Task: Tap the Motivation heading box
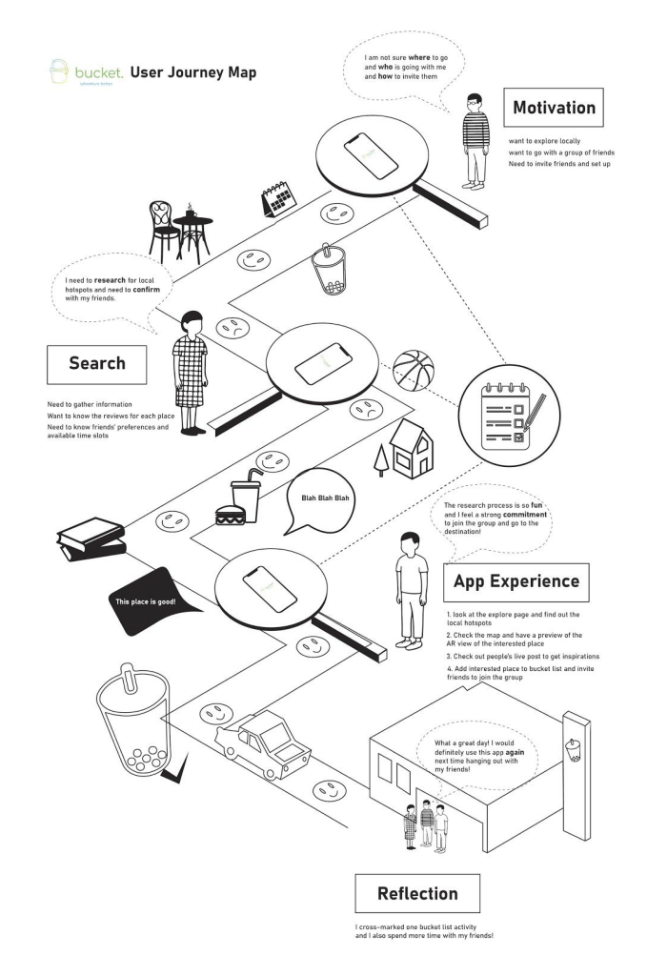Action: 554,108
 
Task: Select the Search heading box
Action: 97,363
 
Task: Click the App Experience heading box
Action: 515,581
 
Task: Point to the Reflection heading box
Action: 416,893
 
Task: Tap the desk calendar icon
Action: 279,201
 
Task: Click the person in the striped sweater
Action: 474,136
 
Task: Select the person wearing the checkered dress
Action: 190,372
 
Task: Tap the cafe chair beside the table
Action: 164,229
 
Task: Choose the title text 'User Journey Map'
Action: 192,72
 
